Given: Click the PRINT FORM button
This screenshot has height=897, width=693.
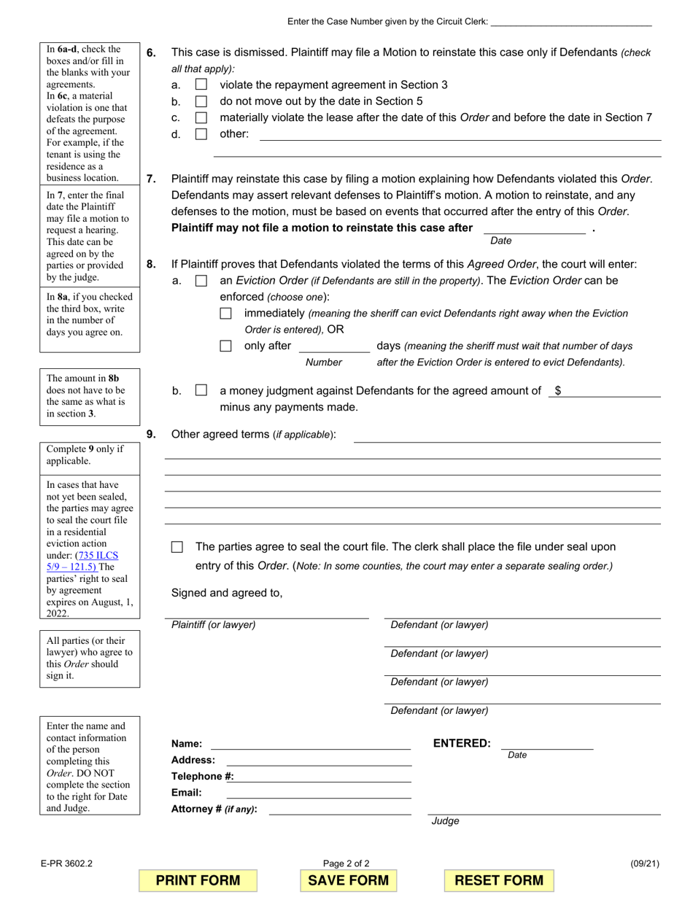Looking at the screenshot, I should pos(198,880).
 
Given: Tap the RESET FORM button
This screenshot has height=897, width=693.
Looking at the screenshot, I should pos(499,880).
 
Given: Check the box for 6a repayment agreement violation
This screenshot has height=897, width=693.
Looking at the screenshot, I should pos(201,85).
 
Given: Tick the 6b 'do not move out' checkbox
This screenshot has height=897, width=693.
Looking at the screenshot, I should pos(201,101).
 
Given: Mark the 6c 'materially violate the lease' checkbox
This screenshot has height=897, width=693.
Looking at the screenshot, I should pos(201,117).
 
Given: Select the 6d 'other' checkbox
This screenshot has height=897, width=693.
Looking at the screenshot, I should pos(201,134).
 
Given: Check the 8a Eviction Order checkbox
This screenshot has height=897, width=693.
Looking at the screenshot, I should pos(201,281).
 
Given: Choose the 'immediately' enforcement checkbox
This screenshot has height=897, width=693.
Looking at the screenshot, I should pos(226,313).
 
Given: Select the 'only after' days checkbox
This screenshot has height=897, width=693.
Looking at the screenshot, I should pos(226,346).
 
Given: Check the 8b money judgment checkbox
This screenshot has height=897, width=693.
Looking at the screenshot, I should pos(201,391).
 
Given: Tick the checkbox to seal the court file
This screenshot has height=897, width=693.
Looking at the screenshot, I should pos(177,547).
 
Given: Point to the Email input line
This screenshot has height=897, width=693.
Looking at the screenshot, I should pos(319,793).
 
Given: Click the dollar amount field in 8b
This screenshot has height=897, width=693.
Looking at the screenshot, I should pos(610,391).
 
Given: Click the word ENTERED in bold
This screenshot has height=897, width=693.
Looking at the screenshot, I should pos(462,743).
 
